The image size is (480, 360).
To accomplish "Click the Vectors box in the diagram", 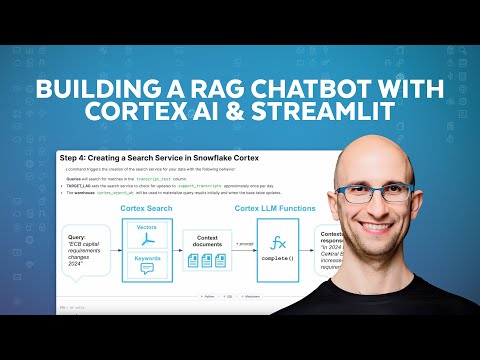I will click(x=147, y=236).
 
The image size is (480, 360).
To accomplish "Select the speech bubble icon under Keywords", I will click(x=147, y=270).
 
